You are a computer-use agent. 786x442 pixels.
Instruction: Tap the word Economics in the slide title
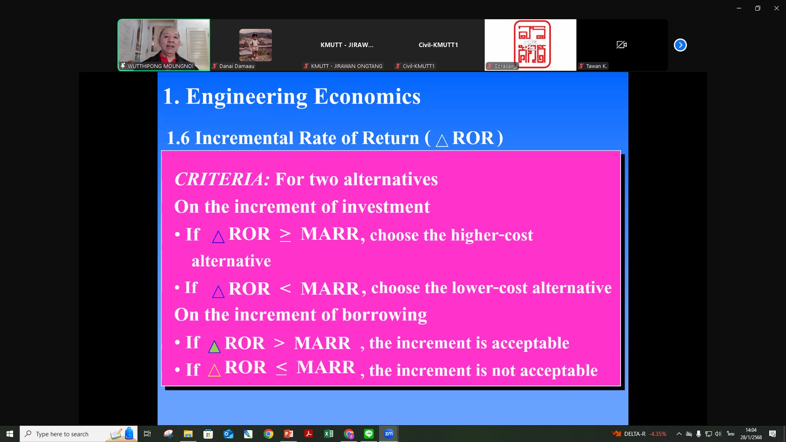point(367,96)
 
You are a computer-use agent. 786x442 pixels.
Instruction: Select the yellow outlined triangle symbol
point(214,370)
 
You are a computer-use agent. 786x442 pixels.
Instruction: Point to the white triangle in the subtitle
point(442,140)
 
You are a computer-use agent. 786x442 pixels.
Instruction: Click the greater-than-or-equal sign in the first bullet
point(285,235)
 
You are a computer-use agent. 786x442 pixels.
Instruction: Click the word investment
point(386,207)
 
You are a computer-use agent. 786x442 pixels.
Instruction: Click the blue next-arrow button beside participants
point(680,45)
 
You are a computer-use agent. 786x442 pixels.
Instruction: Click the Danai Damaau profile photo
point(255,45)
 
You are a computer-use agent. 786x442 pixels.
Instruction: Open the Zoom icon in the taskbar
point(389,434)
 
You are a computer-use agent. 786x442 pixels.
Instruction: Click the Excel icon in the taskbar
point(328,434)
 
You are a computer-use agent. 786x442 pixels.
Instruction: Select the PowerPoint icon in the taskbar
point(288,434)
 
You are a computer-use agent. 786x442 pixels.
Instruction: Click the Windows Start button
point(10,434)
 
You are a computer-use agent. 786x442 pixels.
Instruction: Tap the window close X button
point(776,8)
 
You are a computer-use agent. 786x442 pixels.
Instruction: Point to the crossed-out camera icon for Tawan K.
point(621,45)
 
